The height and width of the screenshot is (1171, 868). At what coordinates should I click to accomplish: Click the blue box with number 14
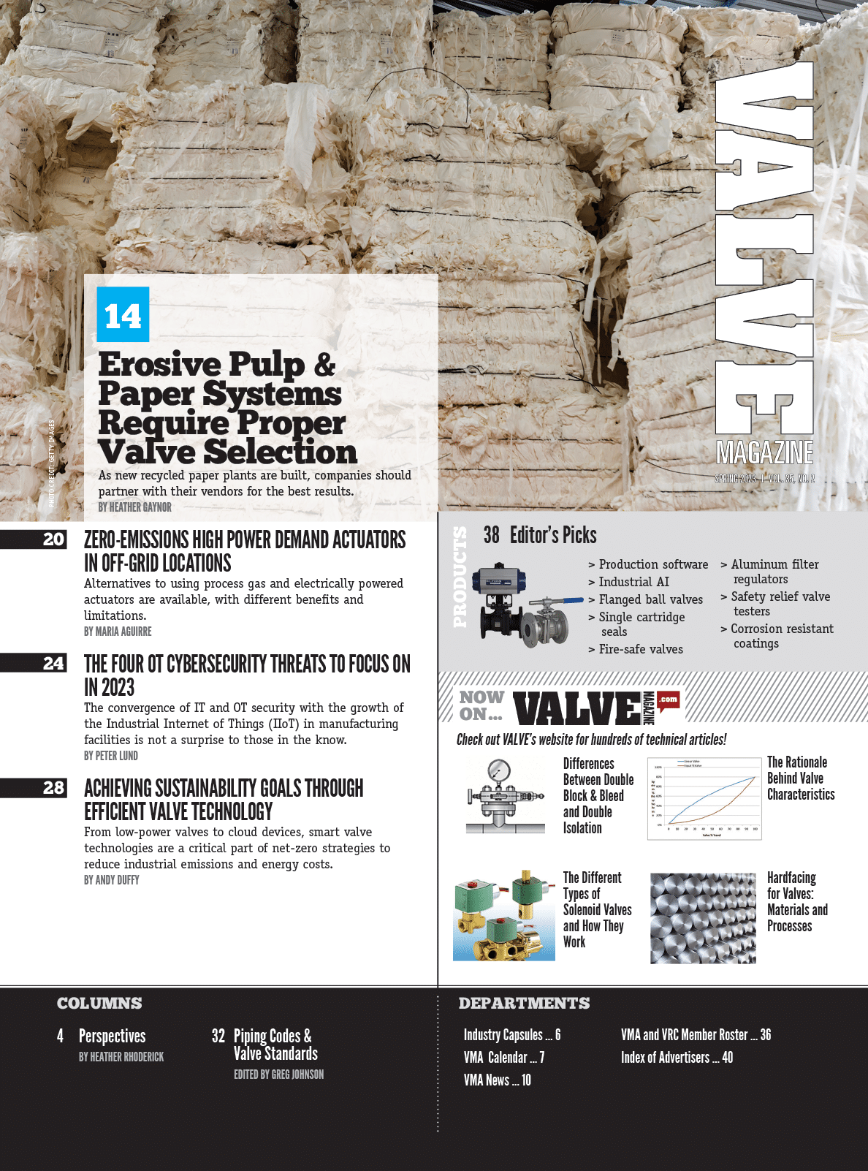[123, 315]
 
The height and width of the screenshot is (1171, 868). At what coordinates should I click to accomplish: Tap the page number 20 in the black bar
[53, 539]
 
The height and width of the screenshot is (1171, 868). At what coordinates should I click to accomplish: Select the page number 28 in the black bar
[53, 788]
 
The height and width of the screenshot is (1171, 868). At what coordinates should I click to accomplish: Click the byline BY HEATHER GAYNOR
[135, 507]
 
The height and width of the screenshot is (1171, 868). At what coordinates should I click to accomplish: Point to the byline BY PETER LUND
[111, 756]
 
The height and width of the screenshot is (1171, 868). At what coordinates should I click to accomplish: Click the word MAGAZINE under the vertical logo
[764, 453]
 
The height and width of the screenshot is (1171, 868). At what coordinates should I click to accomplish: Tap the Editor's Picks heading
[540, 535]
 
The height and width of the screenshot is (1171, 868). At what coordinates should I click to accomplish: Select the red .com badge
[668, 700]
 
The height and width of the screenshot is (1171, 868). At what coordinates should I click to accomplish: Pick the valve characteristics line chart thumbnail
[704, 797]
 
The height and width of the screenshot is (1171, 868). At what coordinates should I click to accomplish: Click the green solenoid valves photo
[503, 914]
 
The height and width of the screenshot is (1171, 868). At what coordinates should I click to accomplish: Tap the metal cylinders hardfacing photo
[703, 918]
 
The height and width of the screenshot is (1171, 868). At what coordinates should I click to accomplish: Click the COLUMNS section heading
[99, 1004]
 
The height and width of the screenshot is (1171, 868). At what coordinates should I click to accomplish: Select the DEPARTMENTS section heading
[524, 1004]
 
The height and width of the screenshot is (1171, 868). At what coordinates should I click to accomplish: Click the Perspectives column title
[112, 1036]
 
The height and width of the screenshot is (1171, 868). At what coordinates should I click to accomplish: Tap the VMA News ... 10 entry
[497, 1080]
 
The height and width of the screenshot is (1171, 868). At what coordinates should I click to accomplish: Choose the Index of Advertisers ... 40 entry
[677, 1058]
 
